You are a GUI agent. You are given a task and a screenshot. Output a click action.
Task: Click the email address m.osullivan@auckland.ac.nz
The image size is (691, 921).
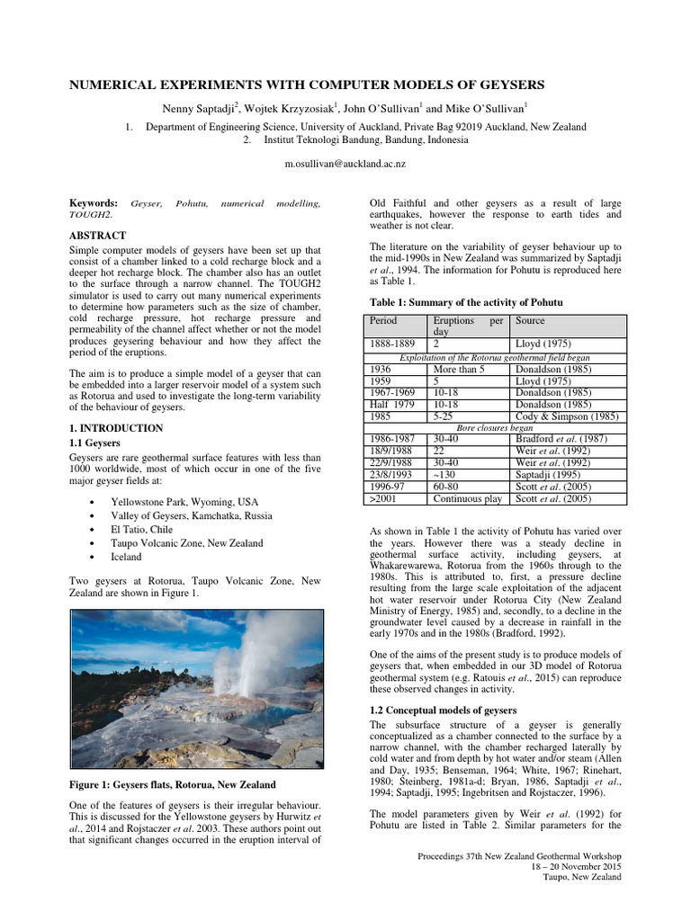pyautogui.click(x=345, y=164)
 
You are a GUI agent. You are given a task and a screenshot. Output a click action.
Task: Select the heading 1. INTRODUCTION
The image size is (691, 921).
pyautogui.click(x=116, y=428)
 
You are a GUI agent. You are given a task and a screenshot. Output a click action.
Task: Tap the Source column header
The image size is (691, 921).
pyautogui.click(x=531, y=321)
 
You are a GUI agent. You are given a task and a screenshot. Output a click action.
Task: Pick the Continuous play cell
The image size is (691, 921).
pyautogui.click(x=468, y=498)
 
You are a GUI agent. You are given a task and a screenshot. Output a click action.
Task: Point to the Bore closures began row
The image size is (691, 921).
pyautogui.click(x=495, y=427)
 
